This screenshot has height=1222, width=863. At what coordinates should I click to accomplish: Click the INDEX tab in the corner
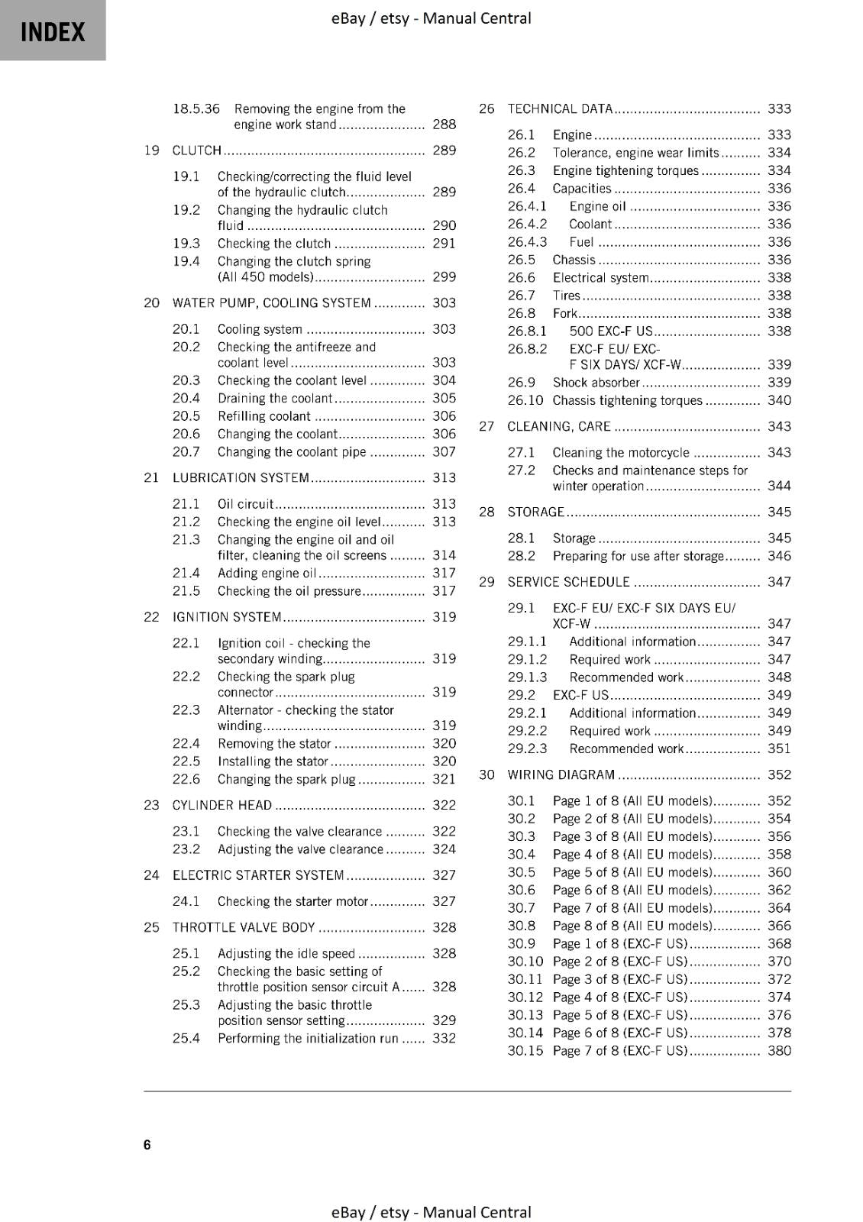pos(52,31)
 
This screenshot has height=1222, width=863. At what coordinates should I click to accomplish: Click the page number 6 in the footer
pos(147,1144)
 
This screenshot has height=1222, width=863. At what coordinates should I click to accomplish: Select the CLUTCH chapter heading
pos(196,150)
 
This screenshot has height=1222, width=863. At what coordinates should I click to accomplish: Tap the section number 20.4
pos(186,398)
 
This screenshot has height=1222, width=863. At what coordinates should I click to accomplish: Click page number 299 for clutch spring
pos(444,277)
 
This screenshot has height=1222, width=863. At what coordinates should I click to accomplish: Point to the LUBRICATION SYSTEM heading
pos(241,478)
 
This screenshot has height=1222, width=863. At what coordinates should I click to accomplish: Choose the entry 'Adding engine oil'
pos(267,573)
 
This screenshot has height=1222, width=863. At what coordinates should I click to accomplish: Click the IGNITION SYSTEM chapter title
pos(227,617)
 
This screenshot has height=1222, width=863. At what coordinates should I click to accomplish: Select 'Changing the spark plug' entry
pos(286,779)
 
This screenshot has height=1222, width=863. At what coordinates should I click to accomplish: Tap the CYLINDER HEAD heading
pos(221,805)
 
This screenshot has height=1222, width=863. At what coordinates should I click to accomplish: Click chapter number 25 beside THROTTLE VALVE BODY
pos(151,927)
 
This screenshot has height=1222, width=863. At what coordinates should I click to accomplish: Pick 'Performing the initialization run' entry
pos(308,1038)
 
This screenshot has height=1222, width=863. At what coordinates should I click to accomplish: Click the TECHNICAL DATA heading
pos(560,109)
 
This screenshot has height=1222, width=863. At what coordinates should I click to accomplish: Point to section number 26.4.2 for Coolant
pos(527,224)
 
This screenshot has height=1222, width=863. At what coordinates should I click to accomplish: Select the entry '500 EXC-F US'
pos(610,331)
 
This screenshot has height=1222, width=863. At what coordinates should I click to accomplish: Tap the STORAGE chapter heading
pos(535,512)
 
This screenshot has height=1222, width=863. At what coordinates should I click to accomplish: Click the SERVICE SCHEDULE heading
pos(568,582)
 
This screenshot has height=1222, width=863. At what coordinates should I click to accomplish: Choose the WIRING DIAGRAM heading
pos(561,774)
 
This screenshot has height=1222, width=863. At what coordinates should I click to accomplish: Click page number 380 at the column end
pos(779,1050)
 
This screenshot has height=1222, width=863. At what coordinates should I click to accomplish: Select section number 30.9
pos(521,943)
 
